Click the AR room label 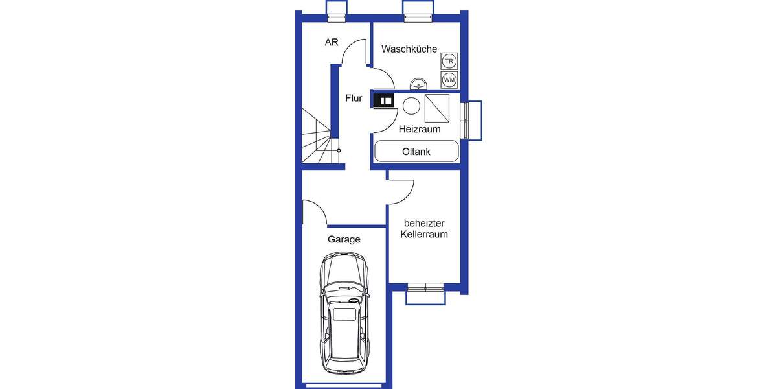(332, 43)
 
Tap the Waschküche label (409, 49)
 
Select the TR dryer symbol (449, 62)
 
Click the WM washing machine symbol (449, 80)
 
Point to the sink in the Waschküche (419, 84)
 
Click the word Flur (354, 99)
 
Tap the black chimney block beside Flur (383, 100)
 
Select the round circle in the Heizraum (411, 105)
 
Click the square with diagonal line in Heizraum (436, 108)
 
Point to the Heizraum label (419, 129)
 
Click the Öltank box (416, 152)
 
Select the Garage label (344, 239)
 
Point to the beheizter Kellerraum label (424, 229)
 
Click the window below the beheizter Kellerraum (425, 293)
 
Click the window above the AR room (336, 10)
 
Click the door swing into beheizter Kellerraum (402, 191)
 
